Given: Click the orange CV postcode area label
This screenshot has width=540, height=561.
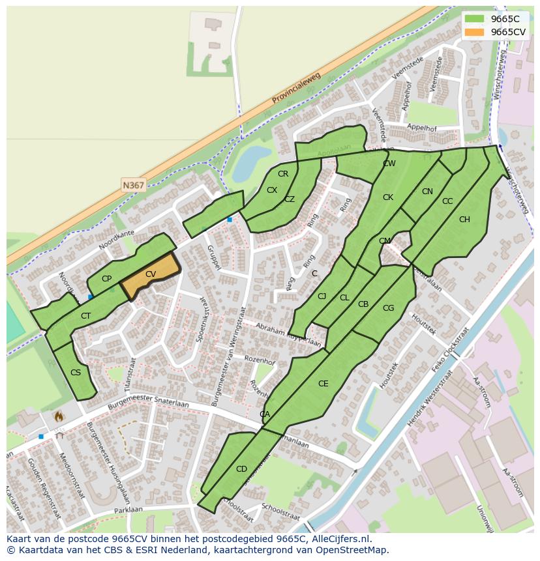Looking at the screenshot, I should click(151, 274).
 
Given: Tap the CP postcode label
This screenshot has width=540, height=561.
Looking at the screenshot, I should click(106, 279).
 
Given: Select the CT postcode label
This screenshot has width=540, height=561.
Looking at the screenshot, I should click(85, 316).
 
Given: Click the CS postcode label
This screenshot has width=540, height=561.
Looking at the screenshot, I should click(75, 373).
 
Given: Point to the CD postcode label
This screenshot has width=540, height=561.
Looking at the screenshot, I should click(241, 469).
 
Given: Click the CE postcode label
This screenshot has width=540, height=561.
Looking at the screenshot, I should click(323, 384).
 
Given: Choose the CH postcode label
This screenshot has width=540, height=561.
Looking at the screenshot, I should click(464, 220).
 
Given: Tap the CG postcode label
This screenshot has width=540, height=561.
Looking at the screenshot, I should click(388, 308).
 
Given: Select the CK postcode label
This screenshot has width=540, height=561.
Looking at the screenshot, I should click(388, 197).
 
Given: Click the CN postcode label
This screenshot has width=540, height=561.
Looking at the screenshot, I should click(427, 192).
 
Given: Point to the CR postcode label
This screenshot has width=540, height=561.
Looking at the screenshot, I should click(283, 174).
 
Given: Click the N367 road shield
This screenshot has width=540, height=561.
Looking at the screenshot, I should click(133, 185).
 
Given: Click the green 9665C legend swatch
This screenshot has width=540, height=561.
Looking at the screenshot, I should click(475, 19).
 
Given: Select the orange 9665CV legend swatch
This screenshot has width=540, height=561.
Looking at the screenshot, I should click(475, 32).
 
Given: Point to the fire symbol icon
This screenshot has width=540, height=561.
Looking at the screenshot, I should click(59, 415).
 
